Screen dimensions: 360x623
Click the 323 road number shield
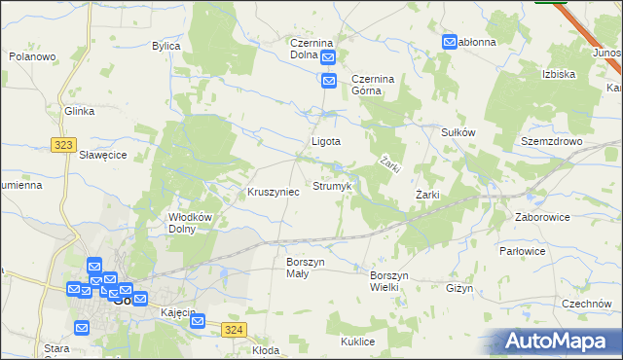tap(64, 145)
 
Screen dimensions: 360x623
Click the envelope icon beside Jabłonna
tap(450, 43)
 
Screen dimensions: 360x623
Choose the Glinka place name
tap(79, 112)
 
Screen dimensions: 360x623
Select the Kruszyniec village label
tap(274, 193)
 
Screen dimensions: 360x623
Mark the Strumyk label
tap(332, 185)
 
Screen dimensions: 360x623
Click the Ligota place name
tap(325, 141)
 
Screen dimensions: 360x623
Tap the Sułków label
tap(458, 132)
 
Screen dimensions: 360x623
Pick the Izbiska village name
tap(559, 74)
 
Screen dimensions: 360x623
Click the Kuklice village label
tap(358, 342)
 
